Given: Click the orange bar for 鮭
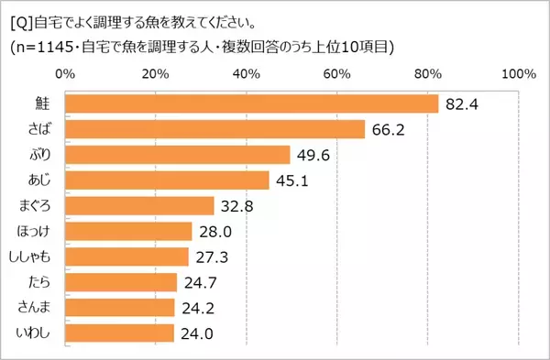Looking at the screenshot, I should pyautogui.click(x=252, y=104).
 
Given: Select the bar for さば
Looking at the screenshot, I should pyautogui.click(x=215, y=130).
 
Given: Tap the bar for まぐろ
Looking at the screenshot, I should pyautogui.click(x=139, y=205).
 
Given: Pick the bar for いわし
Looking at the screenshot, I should pyautogui.click(x=119, y=333).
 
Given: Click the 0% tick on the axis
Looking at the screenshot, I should pyautogui.click(x=65, y=72).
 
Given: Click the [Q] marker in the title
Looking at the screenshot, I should pyautogui.click(x=17, y=17).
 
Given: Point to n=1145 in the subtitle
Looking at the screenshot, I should pyautogui.click(x=48, y=47).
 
